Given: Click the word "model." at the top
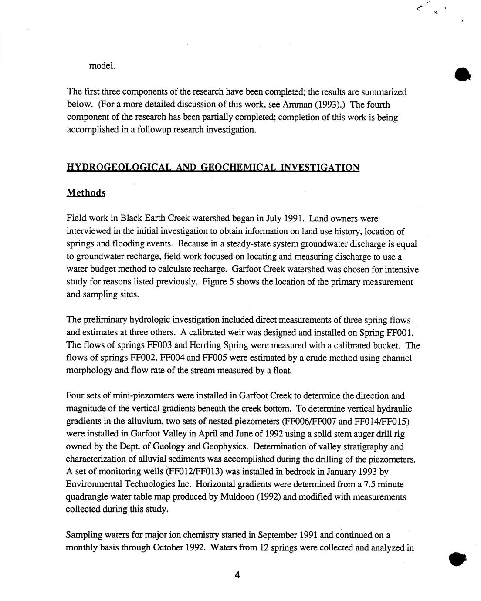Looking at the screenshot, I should (x=102, y=66).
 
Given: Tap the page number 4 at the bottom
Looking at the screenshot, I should (x=237, y=575).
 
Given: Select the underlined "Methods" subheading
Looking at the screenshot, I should (x=86, y=193).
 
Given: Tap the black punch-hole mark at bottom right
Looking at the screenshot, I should (x=457, y=559).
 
